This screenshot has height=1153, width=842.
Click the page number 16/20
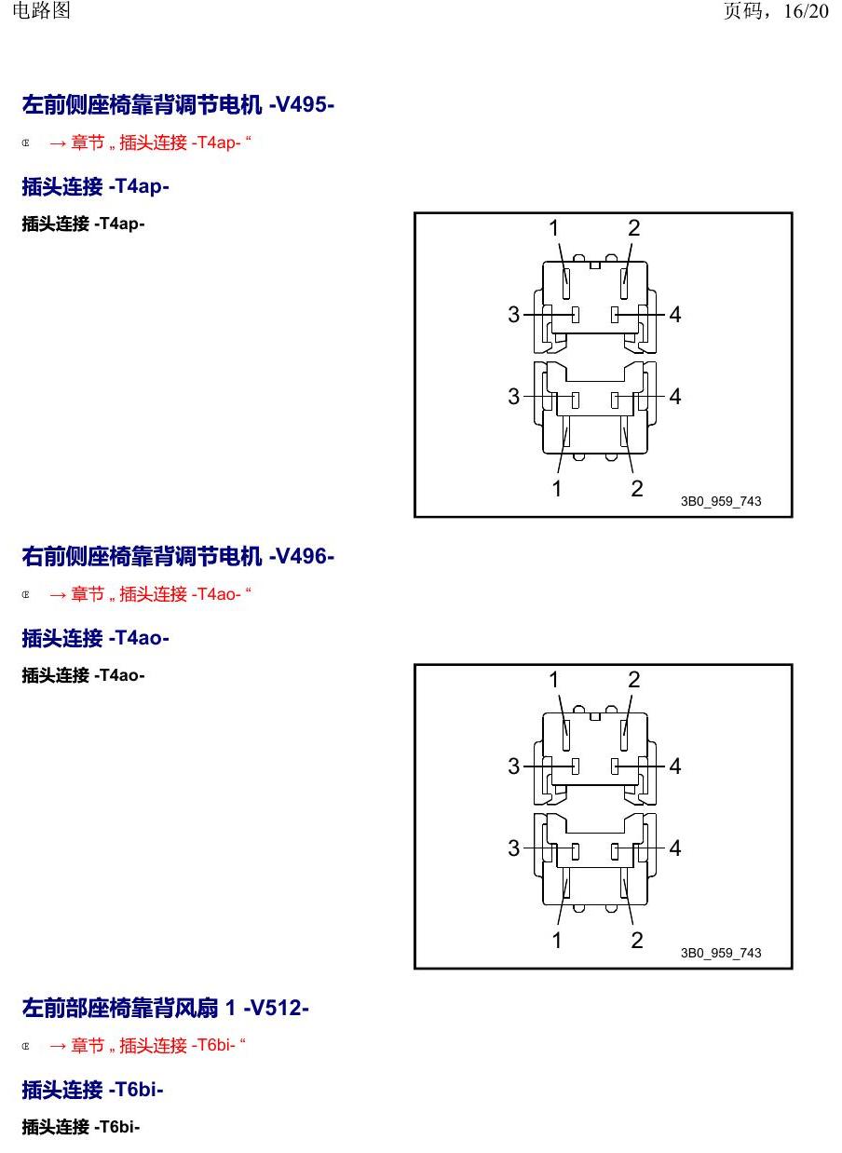coord(806,11)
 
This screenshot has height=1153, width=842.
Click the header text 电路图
coord(41,10)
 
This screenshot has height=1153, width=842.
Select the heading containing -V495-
coord(178,104)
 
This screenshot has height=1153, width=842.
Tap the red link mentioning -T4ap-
coord(150,142)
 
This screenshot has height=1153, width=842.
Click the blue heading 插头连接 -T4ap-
coord(96,186)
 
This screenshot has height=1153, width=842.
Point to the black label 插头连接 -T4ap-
coord(84,224)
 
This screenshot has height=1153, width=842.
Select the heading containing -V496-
coord(178,556)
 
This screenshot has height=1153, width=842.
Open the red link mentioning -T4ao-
coord(150,594)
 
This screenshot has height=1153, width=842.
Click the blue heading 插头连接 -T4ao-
coord(96,638)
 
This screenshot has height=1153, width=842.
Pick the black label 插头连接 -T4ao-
coord(84,675)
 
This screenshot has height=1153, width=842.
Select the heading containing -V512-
coord(165,1008)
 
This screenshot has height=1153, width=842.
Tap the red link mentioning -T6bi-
coord(148,1045)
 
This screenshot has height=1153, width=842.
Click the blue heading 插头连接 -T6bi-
coord(92,1089)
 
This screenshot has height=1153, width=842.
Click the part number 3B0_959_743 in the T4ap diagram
coord(721,501)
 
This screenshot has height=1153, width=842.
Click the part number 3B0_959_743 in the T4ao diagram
coord(721,953)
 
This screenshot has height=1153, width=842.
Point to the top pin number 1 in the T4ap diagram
coord(554,228)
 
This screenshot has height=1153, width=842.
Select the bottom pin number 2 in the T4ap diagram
coord(637,488)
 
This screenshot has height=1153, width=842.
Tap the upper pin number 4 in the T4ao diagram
coord(675,766)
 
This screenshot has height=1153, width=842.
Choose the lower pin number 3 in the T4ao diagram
coord(513,848)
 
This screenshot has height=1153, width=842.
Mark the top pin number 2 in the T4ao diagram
coord(634,680)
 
